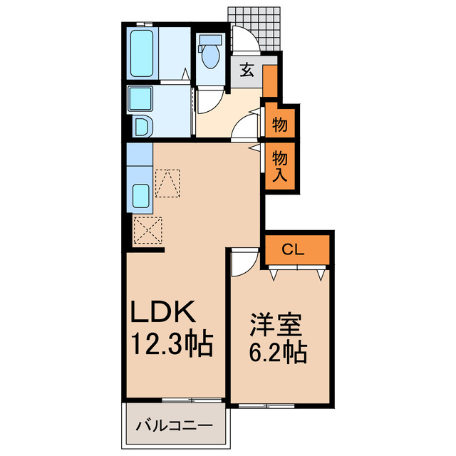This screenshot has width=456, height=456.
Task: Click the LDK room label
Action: pyautogui.click(x=162, y=311)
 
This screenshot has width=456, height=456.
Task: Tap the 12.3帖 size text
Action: pyautogui.click(x=170, y=346)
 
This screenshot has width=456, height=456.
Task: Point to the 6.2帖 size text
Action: pyautogui.click(x=278, y=352)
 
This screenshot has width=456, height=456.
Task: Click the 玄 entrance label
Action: pyautogui.click(x=247, y=70)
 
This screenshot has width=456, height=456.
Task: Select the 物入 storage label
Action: pyautogui.click(x=280, y=165)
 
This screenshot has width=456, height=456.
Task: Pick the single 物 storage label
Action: pyautogui.click(x=280, y=126)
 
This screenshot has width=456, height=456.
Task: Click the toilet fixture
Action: pyautogui.click(x=210, y=54)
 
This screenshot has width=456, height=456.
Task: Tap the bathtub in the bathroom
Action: pyautogui.click(x=143, y=54)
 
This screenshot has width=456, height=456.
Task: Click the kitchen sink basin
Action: pyautogui.click(x=140, y=195)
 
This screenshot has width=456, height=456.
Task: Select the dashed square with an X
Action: pyautogui.click(x=148, y=229)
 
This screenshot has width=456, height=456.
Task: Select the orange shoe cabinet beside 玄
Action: pyautogui.click(x=270, y=81)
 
